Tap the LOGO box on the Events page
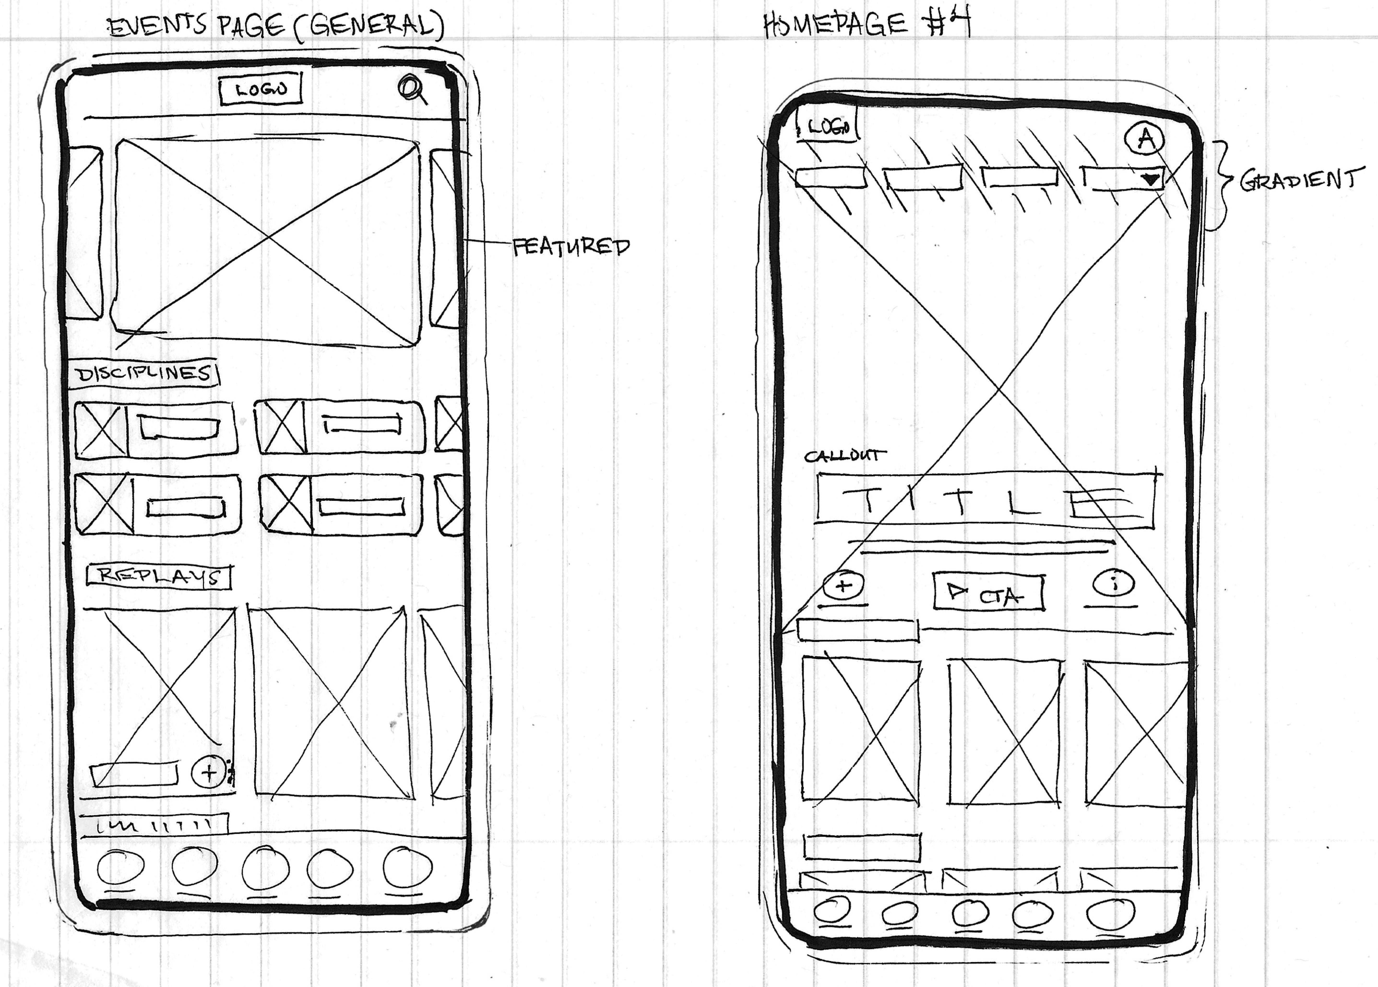pyautogui.click(x=261, y=90)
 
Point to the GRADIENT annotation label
pyautogui.click(x=1297, y=180)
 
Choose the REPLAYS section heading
pyautogui.click(x=159, y=576)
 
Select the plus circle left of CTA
pyautogui.click(x=843, y=585)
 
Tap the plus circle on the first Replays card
pyautogui.click(x=208, y=772)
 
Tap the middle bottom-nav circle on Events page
pyautogui.click(x=265, y=868)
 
